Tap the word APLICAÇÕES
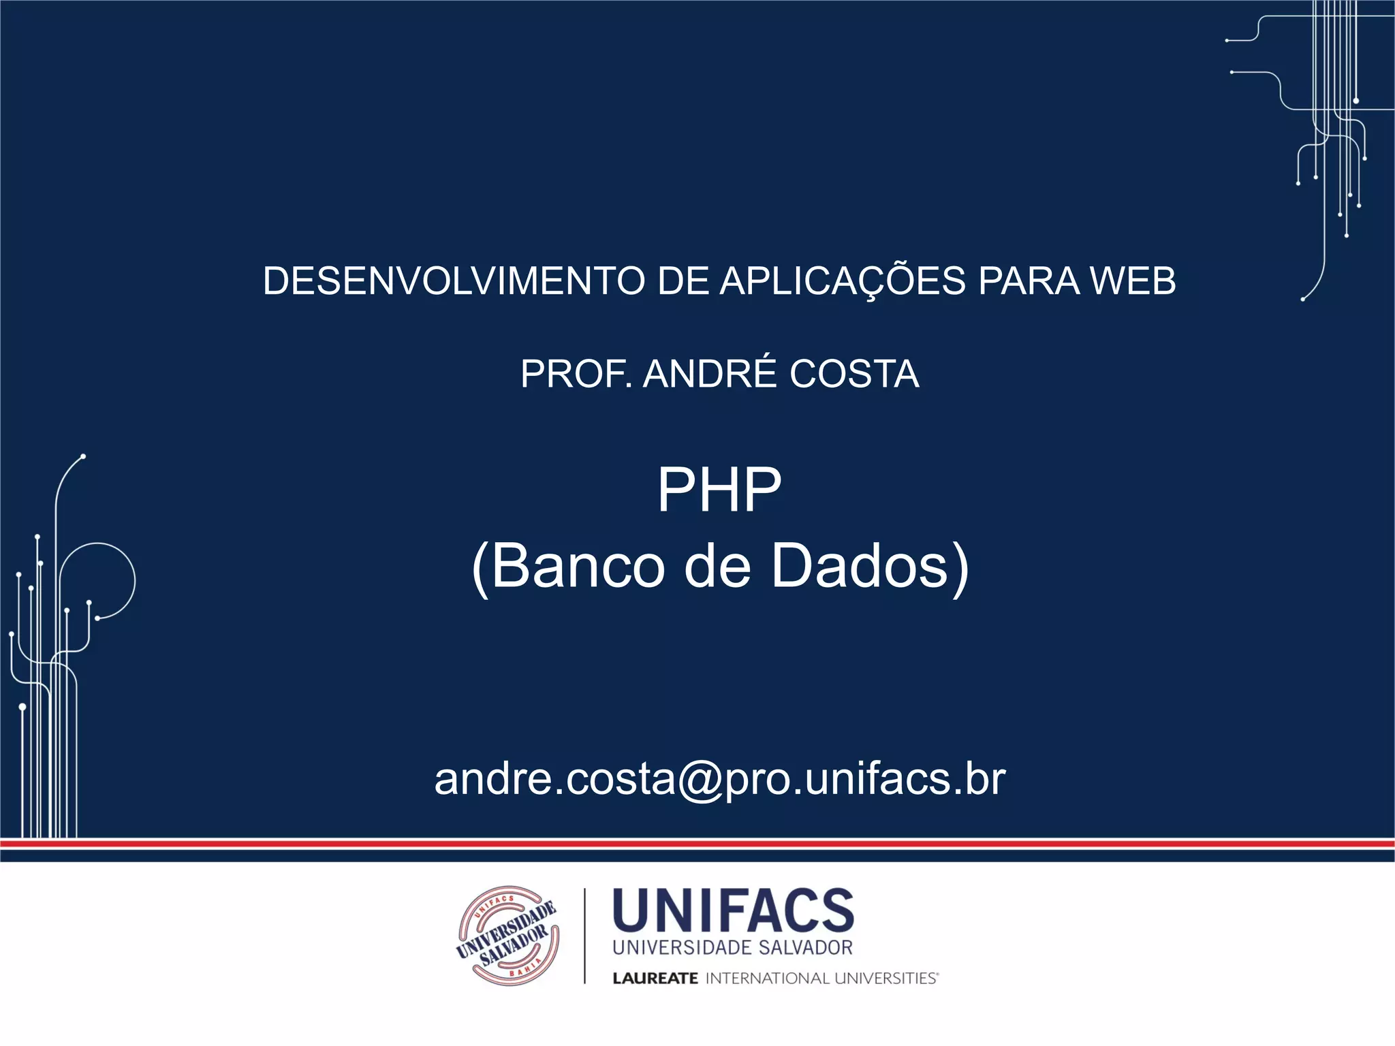[x=843, y=281]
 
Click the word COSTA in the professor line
[x=854, y=374]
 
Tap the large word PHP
[x=719, y=490]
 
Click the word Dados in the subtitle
[x=860, y=566]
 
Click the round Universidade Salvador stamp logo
[x=508, y=936]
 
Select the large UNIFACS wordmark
[x=733, y=910]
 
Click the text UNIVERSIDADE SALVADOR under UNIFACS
[x=733, y=948]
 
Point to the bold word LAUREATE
[x=655, y=979]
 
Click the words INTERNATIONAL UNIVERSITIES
[x=821, y=979]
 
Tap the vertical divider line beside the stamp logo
[x=584, y=936]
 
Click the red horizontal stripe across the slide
[x=697, y=844]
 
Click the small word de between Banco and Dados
[x=717, y=566]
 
